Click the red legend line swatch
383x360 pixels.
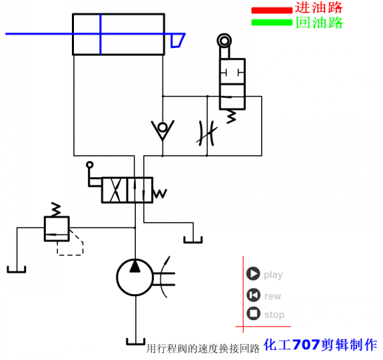(x=271, y=11)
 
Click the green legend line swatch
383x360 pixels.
(x=271, y=23)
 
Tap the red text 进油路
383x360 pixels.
(x=319, y=9)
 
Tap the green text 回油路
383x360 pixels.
(x=319, y=23)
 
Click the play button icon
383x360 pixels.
(x=252, y=274)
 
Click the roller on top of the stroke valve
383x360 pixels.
(x=224, y=41)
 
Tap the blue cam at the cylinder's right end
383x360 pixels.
(x=177, y=41)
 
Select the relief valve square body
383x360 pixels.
(x=56, y=228)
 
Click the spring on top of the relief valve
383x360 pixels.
(x=56, y=209)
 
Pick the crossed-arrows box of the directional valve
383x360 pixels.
(x=114, y=190)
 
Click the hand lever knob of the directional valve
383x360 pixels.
(x=89, y=163)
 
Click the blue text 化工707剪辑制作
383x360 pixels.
(x=320, y=345)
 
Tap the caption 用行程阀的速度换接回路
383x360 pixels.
(x=202, y=348)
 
